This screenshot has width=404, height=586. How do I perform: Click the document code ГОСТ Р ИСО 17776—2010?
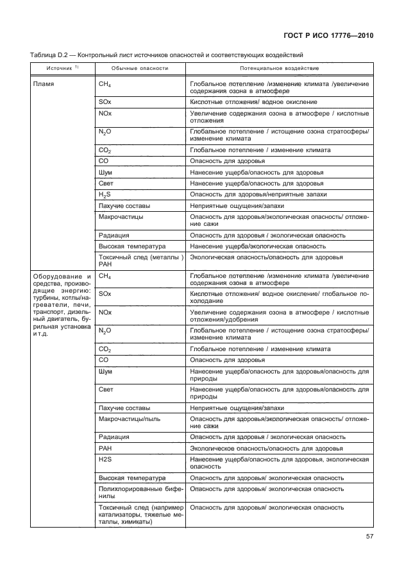[x=328, y=35]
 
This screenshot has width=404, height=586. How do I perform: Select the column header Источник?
[x=60, y=68]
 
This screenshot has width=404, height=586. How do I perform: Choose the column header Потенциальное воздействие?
[x=280, y=68]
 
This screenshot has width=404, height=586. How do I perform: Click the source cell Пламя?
[x=44, y=84]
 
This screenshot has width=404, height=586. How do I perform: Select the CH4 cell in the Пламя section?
[x=105, y=84]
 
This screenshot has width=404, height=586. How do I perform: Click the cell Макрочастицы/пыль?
[x=126, y=418]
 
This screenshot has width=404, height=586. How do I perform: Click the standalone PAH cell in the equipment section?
[x=105, y=448]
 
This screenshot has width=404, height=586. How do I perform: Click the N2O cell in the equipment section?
[x=105, y=331]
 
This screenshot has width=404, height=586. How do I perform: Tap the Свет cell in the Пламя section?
[x=106, y=183]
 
